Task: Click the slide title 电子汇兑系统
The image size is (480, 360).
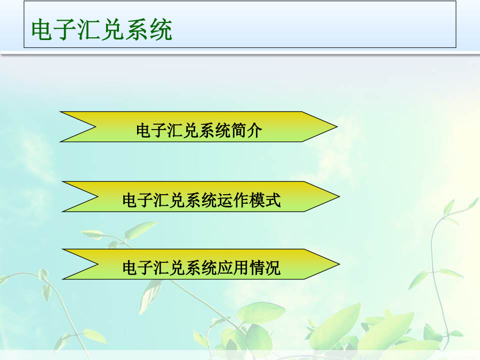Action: pyautogui.click(x=102, y=30)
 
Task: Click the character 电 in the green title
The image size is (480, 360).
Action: pyautogui.click(x=43, y=30)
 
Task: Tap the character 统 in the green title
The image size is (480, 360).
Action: pyautogui.click(x=161, y=30)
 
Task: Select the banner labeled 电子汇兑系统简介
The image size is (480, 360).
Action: pyautogui.click(x=198, y=127)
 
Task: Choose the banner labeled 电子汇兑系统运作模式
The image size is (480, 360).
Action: pyautogui.click(x=201, y=196)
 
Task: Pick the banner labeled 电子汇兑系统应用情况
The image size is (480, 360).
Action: pyautogui.click(x=201, y=264)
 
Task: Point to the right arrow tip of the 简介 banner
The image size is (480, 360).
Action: pyautogui.click(x=338, y=127)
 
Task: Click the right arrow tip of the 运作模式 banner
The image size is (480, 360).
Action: pyautogui.click(x=340, y=196)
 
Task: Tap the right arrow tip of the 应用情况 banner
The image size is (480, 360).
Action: pyautogui.click(x=340, y=264)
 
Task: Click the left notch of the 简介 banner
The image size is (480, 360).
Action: pyautogui.click(x=96, y=127)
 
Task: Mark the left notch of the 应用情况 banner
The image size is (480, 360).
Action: pyautogui.click(x=98, y=264)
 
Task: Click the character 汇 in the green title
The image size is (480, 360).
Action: pyautogui.click(x=90, y=30)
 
